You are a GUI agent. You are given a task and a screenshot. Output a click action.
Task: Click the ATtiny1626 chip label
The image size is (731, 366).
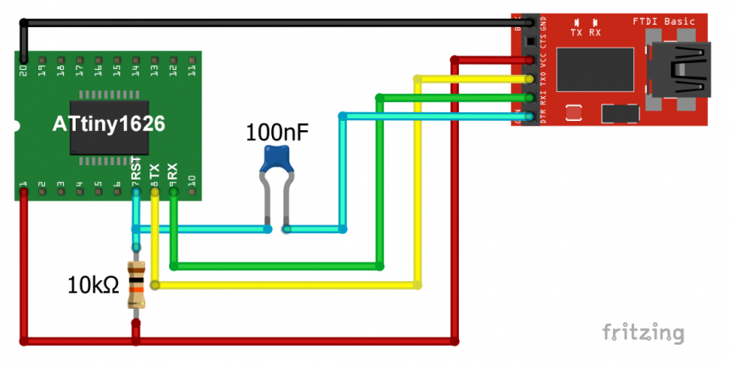click(108, 124)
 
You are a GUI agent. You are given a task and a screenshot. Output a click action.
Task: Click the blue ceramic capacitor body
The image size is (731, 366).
click(277, 158)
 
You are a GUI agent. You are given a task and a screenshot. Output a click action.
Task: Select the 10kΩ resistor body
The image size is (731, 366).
click(136, 286)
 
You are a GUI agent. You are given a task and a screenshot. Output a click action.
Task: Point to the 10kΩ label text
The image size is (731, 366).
click(93, 286)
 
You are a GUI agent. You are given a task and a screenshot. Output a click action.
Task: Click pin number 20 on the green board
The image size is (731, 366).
click(23, 65)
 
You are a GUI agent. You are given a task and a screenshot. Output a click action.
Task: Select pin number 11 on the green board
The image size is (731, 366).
click(191, 65)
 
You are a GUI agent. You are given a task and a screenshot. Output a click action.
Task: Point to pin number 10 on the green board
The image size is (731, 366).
click(191, 181)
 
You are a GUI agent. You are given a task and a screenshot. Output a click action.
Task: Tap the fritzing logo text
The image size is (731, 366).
click(643, 332)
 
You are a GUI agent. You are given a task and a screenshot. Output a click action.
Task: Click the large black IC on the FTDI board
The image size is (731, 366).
click(595, 70)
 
